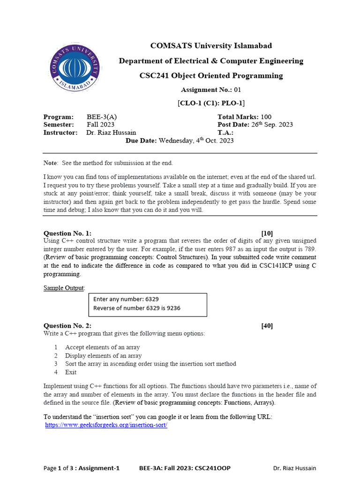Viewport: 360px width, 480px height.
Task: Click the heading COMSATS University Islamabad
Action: pos(211,46)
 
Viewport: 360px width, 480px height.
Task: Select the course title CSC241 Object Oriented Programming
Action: pos(211,75)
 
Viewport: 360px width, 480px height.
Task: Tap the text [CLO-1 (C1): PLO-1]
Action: pos(211,103)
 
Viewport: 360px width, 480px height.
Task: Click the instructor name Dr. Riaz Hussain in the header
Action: pos(112,133)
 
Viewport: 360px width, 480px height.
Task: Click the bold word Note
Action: pos(50,163)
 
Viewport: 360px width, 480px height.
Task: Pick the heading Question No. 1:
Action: pos(67,233)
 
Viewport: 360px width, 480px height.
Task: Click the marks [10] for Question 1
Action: pos(267,233)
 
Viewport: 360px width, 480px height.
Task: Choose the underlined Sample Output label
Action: pos(64,287)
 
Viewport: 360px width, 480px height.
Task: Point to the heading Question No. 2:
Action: pos(67,326)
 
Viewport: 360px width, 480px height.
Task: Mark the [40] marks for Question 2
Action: pos(267,326)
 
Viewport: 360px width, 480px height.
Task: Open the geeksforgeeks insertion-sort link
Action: pos(106,425)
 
